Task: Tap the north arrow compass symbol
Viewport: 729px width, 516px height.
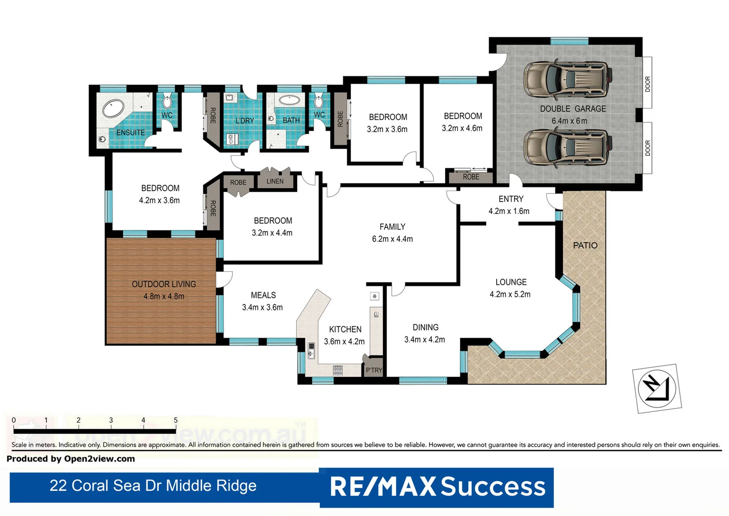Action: click(656, 388)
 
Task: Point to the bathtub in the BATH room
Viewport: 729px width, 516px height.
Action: click(289, 100)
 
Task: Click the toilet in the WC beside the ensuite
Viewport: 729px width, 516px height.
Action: click(167, 101)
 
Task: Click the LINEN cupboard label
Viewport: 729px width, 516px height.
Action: click(275, 182)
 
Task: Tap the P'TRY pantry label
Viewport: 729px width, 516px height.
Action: click(374, 370)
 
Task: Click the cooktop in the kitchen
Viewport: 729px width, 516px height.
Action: click(338, 370)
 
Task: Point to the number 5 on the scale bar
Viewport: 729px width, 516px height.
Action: click(176, 420)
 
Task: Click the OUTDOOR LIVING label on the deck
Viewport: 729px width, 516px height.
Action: click(164, 284)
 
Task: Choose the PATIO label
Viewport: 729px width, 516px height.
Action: click(585, 246)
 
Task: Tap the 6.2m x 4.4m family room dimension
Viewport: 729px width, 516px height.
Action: click(392, 239)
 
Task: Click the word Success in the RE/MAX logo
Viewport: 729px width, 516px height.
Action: click(492, 487)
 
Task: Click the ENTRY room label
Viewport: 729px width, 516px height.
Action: click(510, 199)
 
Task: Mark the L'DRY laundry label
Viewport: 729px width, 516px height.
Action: click(244, 121)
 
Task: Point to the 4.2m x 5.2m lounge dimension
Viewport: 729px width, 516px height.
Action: click(510, 294)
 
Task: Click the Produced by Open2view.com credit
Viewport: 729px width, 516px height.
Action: click(71, 459)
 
